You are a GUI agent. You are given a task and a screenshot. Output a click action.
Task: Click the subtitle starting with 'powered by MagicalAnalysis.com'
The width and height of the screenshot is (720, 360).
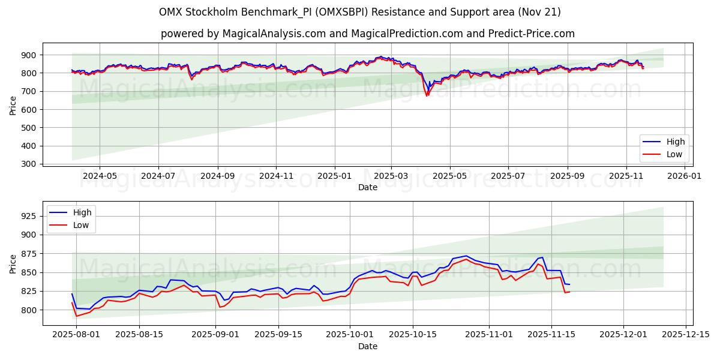(x=368, y=34)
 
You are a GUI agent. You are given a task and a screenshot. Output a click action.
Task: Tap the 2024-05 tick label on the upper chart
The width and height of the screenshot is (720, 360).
(x=99, y=176)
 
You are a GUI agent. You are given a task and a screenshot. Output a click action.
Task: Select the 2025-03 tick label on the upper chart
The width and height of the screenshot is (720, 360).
(x=391, y=176)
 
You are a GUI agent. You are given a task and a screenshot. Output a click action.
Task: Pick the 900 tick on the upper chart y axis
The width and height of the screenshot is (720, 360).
(x=28, y=55)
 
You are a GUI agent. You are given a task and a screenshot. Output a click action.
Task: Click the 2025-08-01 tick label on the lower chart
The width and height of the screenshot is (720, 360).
(x=76, y=335)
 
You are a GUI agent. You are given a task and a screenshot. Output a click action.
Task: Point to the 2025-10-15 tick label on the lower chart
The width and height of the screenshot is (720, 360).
(x=412, y=335)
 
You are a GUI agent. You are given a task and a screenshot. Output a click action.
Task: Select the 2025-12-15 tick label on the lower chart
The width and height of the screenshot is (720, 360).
(x=686, y=335)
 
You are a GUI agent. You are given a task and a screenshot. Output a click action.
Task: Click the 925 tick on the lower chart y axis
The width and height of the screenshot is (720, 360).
(x=28, y=215)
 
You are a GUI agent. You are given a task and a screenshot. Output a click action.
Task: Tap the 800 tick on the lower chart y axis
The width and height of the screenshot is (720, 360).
(x=28, y=310)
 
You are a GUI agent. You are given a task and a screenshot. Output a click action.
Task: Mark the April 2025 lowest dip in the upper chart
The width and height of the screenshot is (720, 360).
(x=427, y=95)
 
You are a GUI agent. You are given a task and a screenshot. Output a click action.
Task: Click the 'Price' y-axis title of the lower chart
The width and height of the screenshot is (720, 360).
(x=13, y=263)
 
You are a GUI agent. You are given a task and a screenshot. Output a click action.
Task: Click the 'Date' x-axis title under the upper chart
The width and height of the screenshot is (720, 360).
(x=368, y=187)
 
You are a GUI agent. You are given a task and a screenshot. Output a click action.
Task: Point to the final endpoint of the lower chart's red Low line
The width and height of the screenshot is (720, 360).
(x=569, y=292)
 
